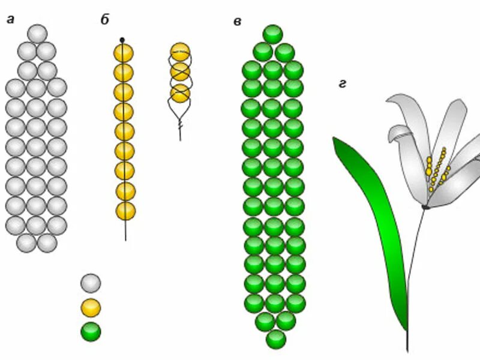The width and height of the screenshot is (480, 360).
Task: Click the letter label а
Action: coord(10,19)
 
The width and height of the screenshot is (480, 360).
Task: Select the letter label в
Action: coord(237,22)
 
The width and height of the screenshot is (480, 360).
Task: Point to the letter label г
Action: coord(342,84)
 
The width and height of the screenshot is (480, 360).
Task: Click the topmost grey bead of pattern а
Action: coord(37,34)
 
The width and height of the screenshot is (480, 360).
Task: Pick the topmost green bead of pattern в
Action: coord(273,34)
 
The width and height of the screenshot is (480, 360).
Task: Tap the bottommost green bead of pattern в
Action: coord(276,339)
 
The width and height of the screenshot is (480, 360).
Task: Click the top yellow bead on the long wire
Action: coord(124,53)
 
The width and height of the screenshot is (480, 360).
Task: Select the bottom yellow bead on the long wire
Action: coord(125,211)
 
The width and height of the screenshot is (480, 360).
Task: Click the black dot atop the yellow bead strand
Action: coord(122,40)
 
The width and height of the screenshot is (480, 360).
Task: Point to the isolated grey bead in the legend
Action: coord(91,283)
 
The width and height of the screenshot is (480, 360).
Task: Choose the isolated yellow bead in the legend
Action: coord(91,308)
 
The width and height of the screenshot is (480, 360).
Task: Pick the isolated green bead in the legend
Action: coord(91,332)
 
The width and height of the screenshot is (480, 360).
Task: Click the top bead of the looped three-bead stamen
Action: coord(180,52)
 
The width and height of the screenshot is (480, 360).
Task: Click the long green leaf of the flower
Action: coord(372,228)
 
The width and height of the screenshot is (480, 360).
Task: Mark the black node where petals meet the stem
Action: coord(425,207)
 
